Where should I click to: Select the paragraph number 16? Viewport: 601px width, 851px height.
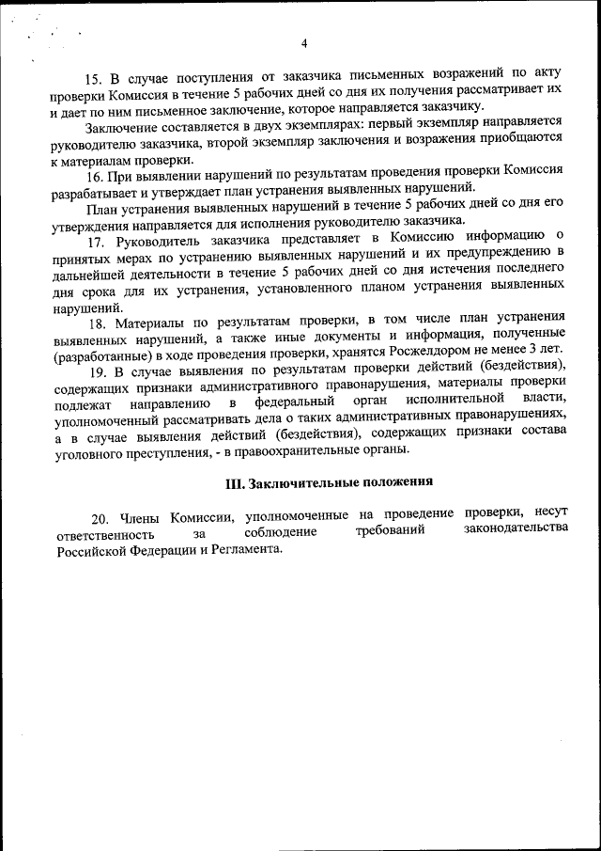(x=94, y=175)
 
